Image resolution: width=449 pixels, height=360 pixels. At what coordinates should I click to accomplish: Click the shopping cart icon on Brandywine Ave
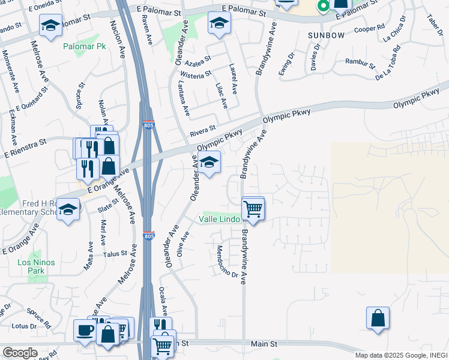[x=253, y=209]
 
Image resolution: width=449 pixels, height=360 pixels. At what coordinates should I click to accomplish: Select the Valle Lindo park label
[x=219, y=220]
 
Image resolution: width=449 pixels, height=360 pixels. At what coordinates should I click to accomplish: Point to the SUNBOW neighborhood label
[x=327, y=35]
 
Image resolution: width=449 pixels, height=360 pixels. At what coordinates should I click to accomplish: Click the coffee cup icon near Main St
[x=84, y=329]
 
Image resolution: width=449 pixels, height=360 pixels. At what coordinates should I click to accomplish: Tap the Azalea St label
[x=198, y=61]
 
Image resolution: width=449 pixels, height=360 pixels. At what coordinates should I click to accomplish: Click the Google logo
[x=20, y=353]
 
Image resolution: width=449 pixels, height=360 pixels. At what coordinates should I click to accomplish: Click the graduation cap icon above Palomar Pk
[x=50, y=26]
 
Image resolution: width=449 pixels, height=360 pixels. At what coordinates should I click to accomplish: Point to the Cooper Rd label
[x=370, y=28]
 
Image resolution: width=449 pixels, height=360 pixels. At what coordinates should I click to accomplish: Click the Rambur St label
[x=360, y=62]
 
